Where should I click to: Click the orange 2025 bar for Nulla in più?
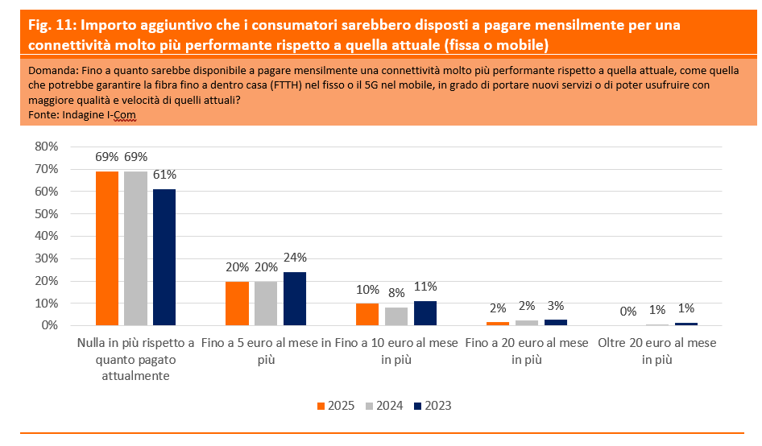pyautogui.click(x=107, y=248)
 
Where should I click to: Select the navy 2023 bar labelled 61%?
pyautogui.click(x=164, y=257)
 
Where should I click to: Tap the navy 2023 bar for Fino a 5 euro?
pyautogui.click(x=295, y=298)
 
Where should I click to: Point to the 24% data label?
pyautogui.click(x=295, y=258)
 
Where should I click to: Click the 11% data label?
pyautogui.click(x=425, y=287)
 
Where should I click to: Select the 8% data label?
pyautogui.click(x=396, y=293)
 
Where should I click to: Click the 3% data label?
pyautogui.click(x=556, y=305)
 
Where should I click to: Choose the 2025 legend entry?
pyautogui.click(x=334, y=406)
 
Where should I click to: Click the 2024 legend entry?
pyautogui.click(x=384, y=406)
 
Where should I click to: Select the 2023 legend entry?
pyautogui.click(x=432, y=406)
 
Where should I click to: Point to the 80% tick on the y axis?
pyautogui.click(x=47, y=147)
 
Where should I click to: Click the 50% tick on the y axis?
pyautogui.click(x=47, y=213)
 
